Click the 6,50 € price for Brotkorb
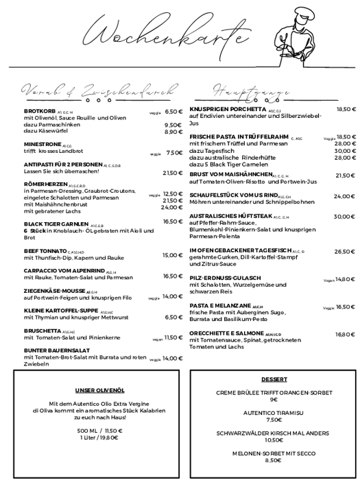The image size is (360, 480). (173, 111)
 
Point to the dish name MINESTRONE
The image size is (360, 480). (43, 145)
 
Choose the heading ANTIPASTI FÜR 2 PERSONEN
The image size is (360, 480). (63, 165)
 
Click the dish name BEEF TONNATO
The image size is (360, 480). (45, 252)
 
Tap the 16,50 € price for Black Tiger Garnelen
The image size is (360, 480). (173, 221)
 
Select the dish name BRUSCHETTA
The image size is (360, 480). (42, 330)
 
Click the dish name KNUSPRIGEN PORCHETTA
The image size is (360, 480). (227, 109)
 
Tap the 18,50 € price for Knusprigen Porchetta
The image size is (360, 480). (346, 109)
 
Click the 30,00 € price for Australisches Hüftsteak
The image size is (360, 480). (344, 216)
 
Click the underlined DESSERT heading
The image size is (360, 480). (274, 379)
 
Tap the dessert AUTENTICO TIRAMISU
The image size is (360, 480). (274, 413)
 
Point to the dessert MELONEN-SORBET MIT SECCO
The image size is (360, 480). (274, 453)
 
